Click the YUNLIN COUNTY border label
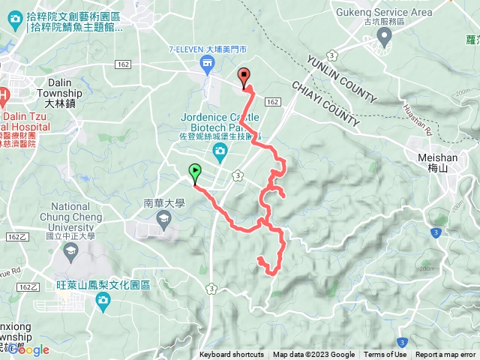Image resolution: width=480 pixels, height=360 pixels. click(341, 77)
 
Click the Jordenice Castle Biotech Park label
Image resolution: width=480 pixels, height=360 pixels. click(220, 122)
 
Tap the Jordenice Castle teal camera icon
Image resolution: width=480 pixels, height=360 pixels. click(220, 154)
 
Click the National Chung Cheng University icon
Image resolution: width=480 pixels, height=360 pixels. click(71, 251)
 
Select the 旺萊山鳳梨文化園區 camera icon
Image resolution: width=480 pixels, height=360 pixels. click(103, 301)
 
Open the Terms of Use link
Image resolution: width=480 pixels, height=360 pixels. click(385, 355)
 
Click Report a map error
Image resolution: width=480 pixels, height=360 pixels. click(445, 355)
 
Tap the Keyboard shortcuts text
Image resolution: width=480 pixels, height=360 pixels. click(231, 355)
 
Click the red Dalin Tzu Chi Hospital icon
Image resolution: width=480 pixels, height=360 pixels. click(4, 95)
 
